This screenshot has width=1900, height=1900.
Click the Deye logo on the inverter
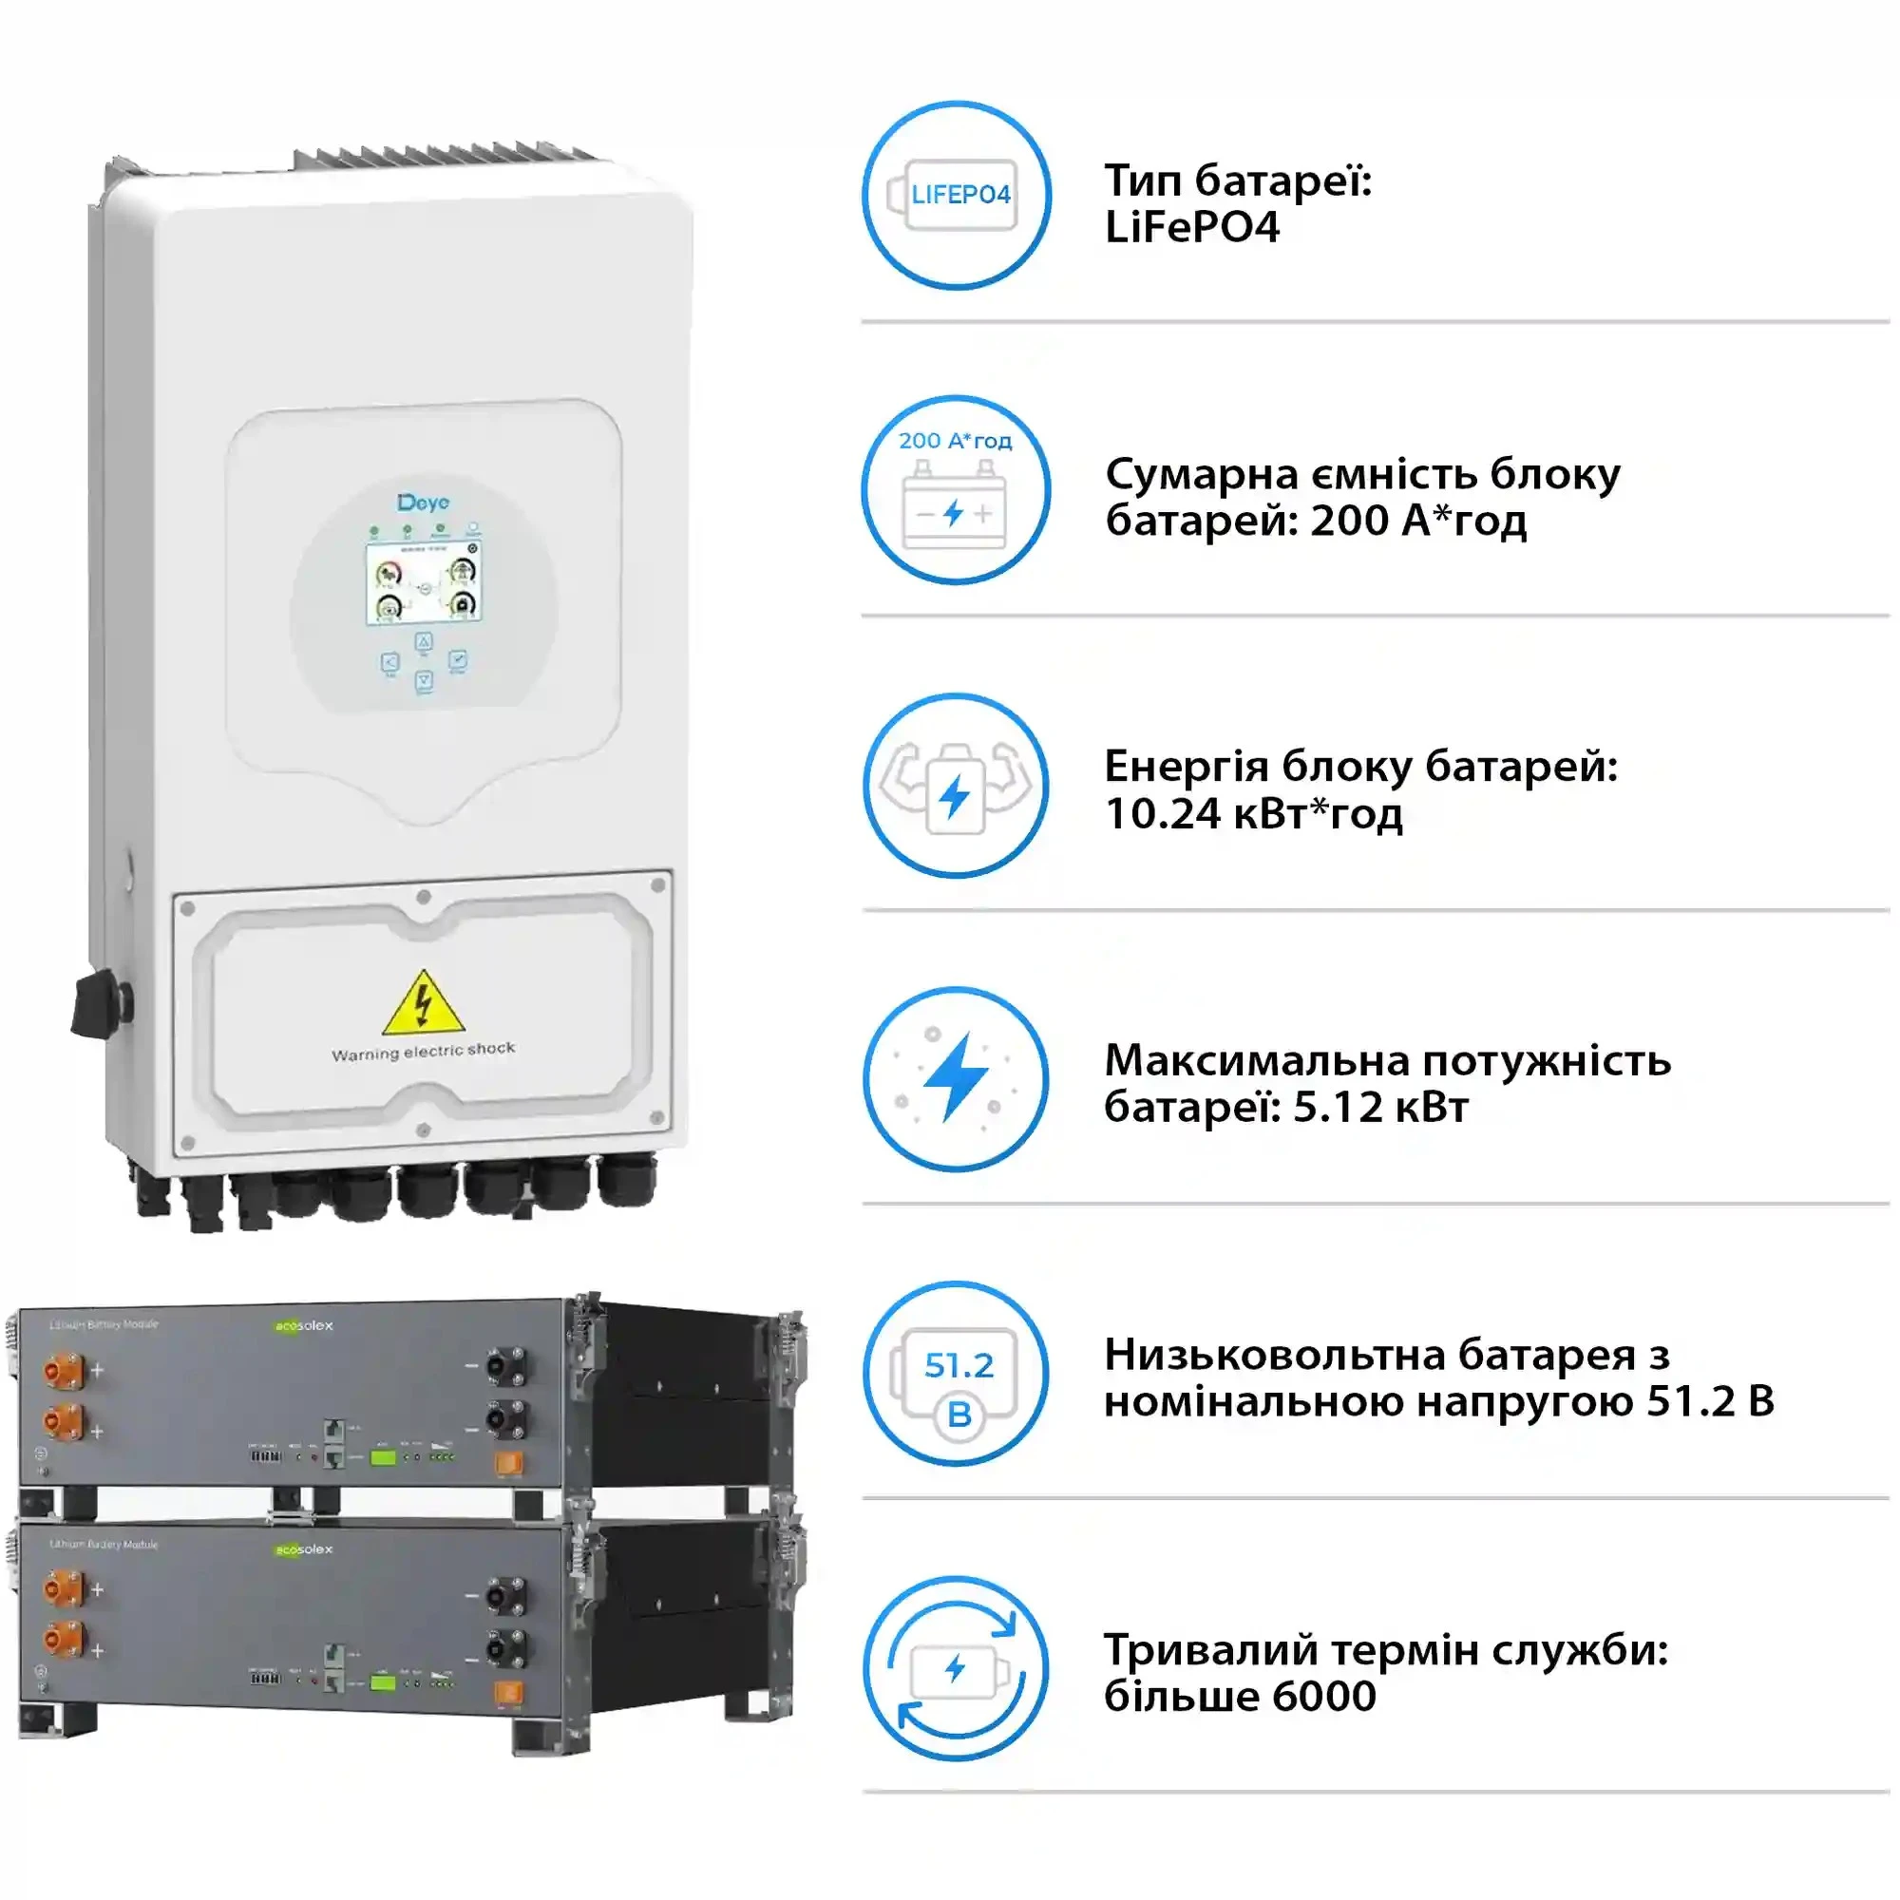pos(424,503)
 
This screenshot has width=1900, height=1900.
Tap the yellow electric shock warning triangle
pos(423,1005)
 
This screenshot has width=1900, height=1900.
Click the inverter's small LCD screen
pos(424,583)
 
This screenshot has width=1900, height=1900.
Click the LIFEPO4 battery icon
pos(957,195)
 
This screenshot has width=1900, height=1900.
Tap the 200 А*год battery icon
pos(956,490)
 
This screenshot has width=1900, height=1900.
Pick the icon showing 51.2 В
pos(957,1374)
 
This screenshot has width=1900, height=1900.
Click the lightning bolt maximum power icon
pos(957,1079)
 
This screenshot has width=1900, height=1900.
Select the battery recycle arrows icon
pos(957,1669)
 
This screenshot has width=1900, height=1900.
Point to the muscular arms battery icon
pos(957,786)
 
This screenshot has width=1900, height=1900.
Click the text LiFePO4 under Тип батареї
pos(1192,228)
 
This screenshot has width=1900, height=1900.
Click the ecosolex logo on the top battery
pos(304,1325)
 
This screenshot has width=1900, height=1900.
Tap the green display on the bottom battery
pos(383,1682)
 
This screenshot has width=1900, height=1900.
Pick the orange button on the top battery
pos(508,1464)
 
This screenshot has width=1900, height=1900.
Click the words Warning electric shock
pos(423,1052)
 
